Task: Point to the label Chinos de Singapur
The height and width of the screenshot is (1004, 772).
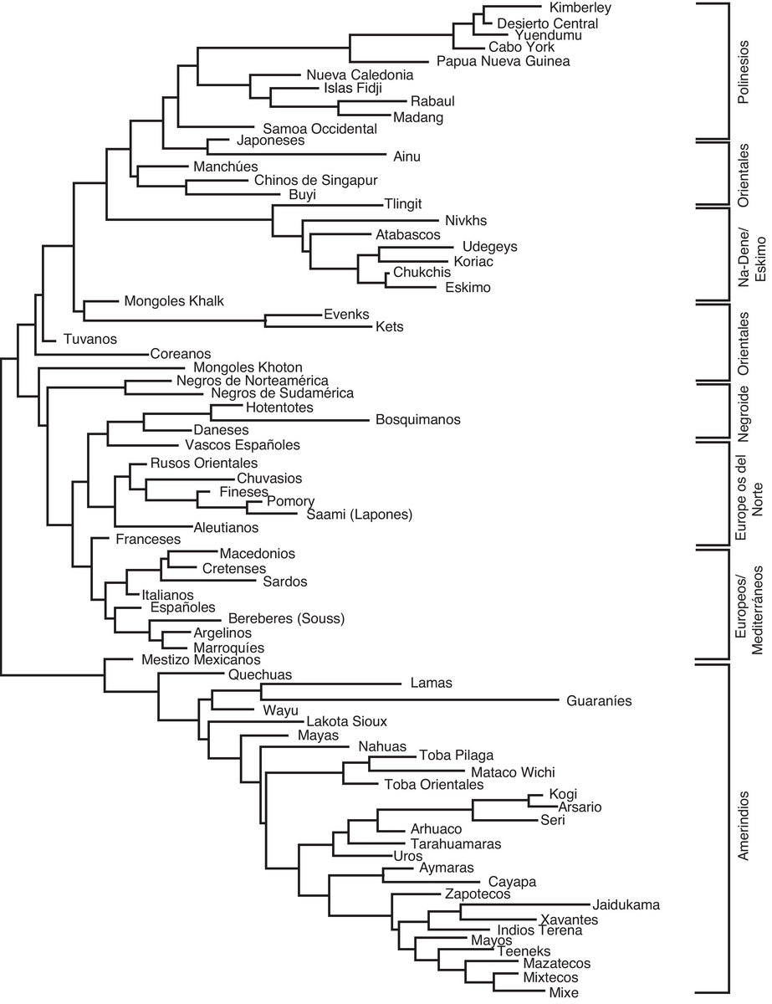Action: pyautogui.click(x=316, y=180)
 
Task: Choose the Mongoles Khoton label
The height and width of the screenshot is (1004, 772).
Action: pyautogui.click(x=248, y=367)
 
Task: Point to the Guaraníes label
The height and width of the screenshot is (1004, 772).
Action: pyautogui.click(x=599, y=700)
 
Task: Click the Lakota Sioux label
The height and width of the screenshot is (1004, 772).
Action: pyautogui.click(x=346, y=720)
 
